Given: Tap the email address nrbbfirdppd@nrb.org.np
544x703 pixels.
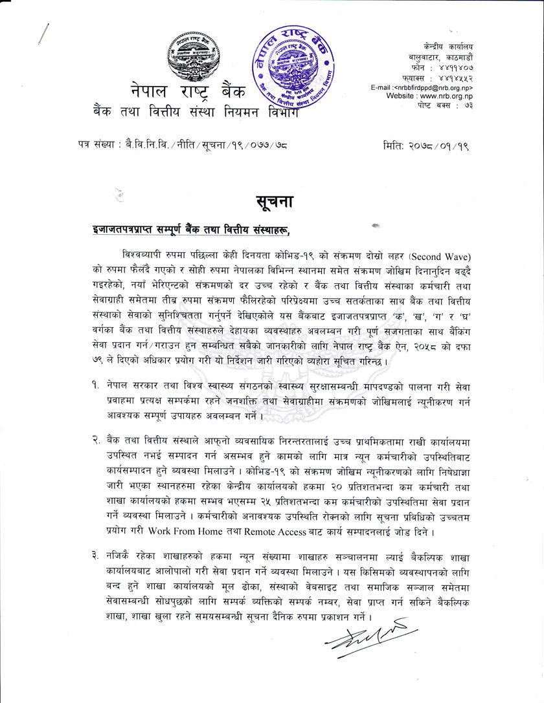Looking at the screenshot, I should click(x=422, y=87).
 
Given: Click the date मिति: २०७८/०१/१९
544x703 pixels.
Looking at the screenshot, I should click(x=425, y=147).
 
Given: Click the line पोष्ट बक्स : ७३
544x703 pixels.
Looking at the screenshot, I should click(x=446, y=104).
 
